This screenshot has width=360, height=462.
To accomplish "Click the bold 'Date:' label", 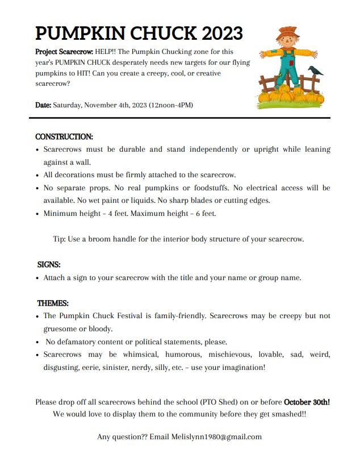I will [x=43, y=105].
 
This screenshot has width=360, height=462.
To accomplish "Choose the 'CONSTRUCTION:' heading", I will [x=64, y=137].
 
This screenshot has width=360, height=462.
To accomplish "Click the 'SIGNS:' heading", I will [x=49, y=264].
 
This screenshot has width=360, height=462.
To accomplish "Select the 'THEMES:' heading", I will [x=53, y=303].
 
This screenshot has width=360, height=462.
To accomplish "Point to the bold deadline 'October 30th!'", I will [x=307, y=402].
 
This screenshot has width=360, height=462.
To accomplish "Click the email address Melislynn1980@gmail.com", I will [x=216, y=436].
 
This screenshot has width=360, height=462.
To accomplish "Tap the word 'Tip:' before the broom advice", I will [x=59, y=239].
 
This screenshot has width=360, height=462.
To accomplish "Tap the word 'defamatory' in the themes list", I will [x=76, y=342].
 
